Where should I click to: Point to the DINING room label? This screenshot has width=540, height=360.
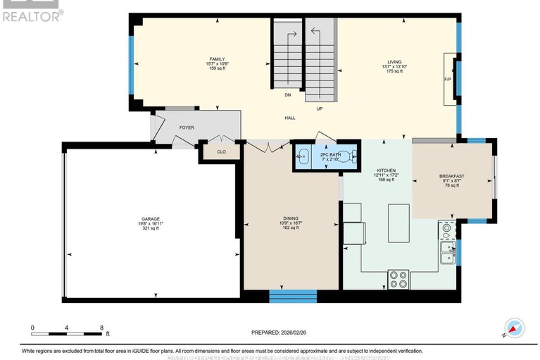291,219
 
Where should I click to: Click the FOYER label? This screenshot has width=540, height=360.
187,128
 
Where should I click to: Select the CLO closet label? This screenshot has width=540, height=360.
221,151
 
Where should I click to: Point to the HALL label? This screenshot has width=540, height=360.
289,118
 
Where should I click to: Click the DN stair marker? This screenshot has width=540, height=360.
288,94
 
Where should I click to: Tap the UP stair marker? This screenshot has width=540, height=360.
319,108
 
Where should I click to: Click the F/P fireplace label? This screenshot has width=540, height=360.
448,79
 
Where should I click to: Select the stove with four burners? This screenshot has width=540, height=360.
397,279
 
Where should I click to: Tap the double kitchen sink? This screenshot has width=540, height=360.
447,252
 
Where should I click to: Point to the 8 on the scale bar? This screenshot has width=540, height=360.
102,328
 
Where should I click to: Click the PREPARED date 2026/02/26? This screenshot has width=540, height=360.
280,333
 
